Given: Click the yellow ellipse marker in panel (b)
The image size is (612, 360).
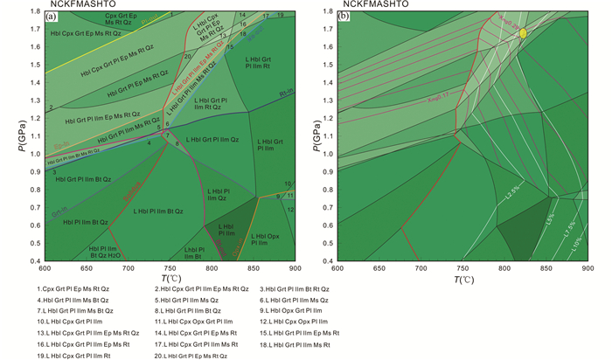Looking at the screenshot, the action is [523, 32].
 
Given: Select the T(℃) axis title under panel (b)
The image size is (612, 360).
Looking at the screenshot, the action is [465, 280].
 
